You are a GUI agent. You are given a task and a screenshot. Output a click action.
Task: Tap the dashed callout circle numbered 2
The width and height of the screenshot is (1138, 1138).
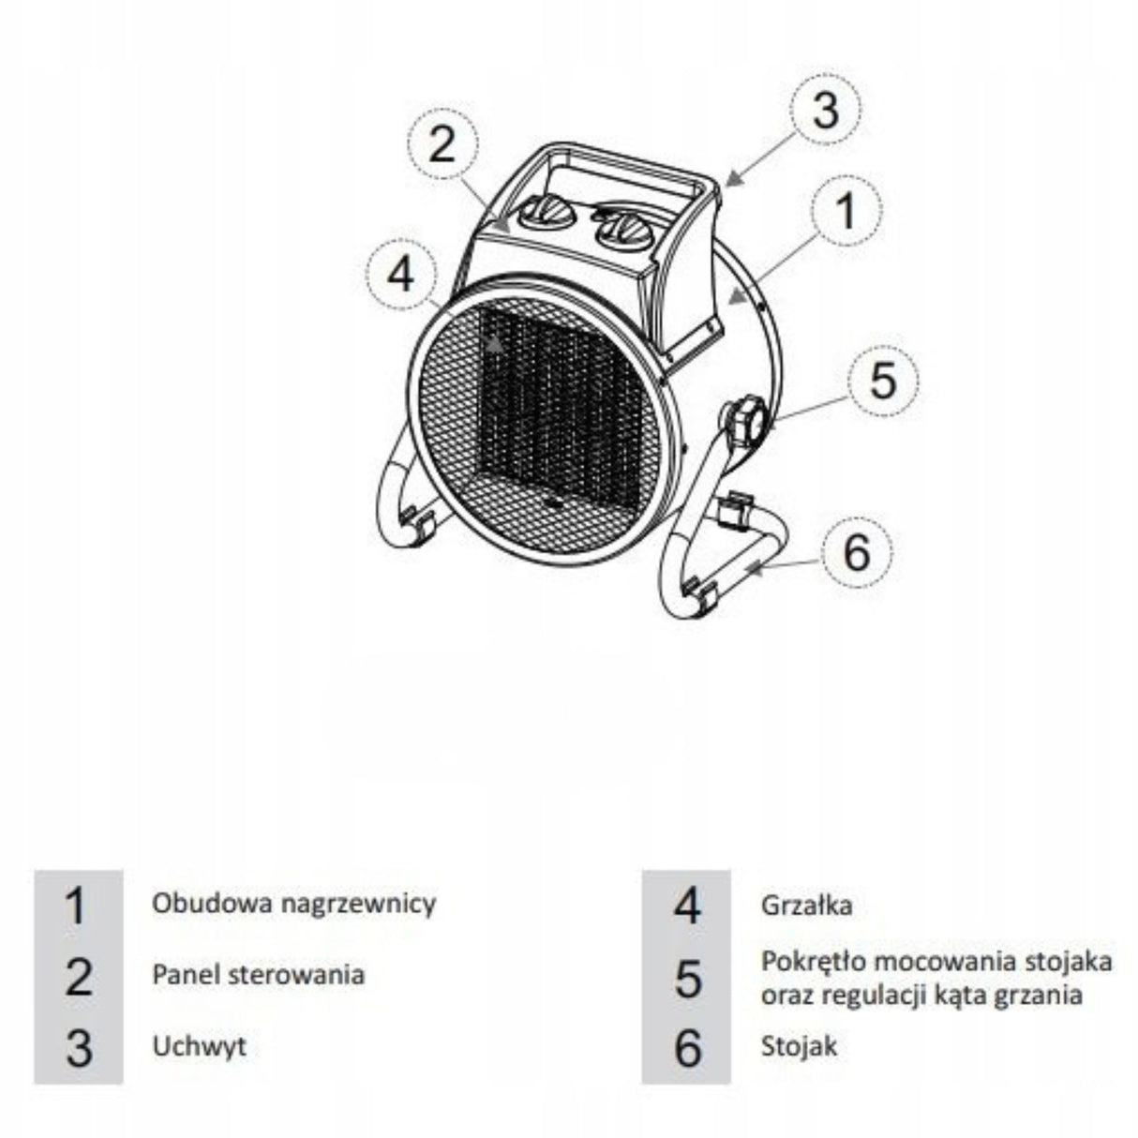pyautogui.click(x=442, y=143)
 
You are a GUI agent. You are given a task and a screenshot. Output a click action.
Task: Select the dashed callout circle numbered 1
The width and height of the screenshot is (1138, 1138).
pyautogui.click(x=846, y=211)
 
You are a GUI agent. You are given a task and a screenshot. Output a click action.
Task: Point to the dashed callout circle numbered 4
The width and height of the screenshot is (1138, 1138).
pyautogui.click(x=401, y=274)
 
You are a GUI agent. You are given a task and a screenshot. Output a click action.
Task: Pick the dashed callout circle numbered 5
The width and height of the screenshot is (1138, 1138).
pyautogui.click(x=883, y=379)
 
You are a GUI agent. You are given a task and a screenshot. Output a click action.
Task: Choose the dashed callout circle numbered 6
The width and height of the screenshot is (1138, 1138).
pyautogui.click(x=857, y=551)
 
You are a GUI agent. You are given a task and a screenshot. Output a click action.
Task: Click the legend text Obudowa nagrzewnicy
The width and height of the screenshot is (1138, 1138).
pyautogui.click(x=294, y=921)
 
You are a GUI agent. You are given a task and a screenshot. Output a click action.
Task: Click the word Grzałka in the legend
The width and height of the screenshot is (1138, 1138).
pyautogui.click(x=807, y=923)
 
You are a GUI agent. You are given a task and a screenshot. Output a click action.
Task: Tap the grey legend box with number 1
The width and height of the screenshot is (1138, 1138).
pyautogui.click(x=79, y=922)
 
